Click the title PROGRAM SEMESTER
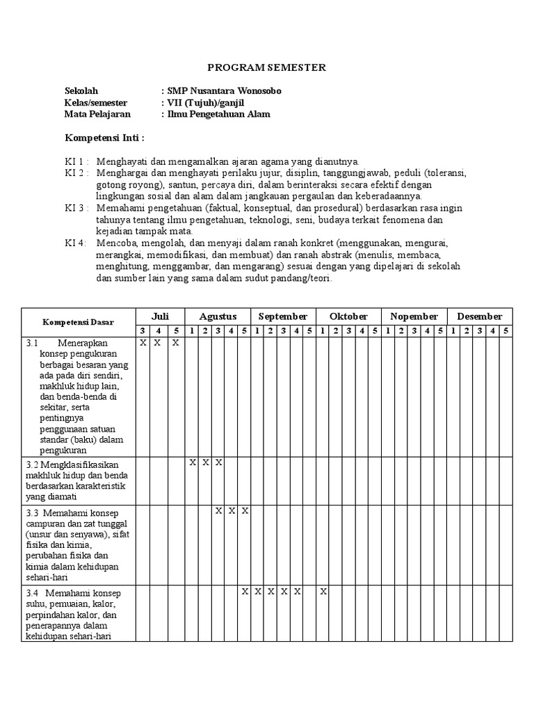268,67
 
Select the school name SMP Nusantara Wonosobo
224,91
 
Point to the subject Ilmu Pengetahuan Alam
218,115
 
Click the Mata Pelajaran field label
97,115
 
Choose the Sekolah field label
81,91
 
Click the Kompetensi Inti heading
104,138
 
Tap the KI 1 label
76,161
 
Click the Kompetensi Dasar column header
78,323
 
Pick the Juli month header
160,316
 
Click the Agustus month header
218,316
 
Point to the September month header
283,316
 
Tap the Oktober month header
348,316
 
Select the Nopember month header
414,316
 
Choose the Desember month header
479,316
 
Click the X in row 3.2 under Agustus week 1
193,462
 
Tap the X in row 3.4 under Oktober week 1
323,592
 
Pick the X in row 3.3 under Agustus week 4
232,511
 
